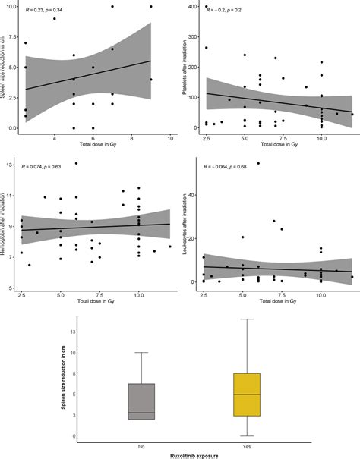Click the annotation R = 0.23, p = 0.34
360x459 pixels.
[44, 11]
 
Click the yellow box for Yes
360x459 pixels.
[245, 395]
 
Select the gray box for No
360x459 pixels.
[142, 401]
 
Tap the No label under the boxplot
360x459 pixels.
[142, 445]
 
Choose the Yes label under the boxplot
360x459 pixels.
[245, 445]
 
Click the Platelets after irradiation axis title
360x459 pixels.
[187, 68]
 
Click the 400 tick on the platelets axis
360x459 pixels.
[197, 7]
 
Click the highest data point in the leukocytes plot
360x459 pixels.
[258, 163]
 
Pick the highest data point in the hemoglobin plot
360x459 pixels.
[76, 163]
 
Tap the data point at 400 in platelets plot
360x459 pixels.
[207, 7]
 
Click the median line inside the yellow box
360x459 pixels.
[245, 394]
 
